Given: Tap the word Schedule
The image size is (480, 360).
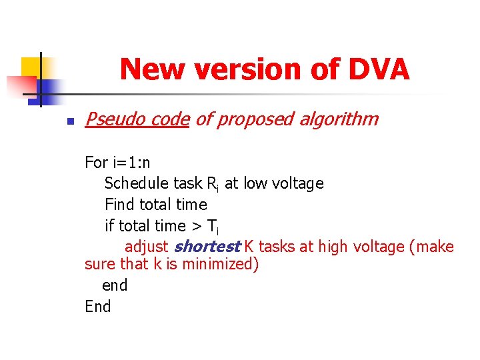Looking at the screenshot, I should [x=136, y=183].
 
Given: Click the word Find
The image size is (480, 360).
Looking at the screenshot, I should [x=119, y=204].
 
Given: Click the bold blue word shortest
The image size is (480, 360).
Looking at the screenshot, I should [x=207, y=247].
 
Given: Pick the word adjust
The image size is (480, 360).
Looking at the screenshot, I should [x=146, y=247].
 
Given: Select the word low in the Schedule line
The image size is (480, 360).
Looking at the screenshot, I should [x=255, y=183].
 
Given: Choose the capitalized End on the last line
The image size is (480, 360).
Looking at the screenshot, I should [x=98, y=307].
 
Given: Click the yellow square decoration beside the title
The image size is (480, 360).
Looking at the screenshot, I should [x=30, y=67].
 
